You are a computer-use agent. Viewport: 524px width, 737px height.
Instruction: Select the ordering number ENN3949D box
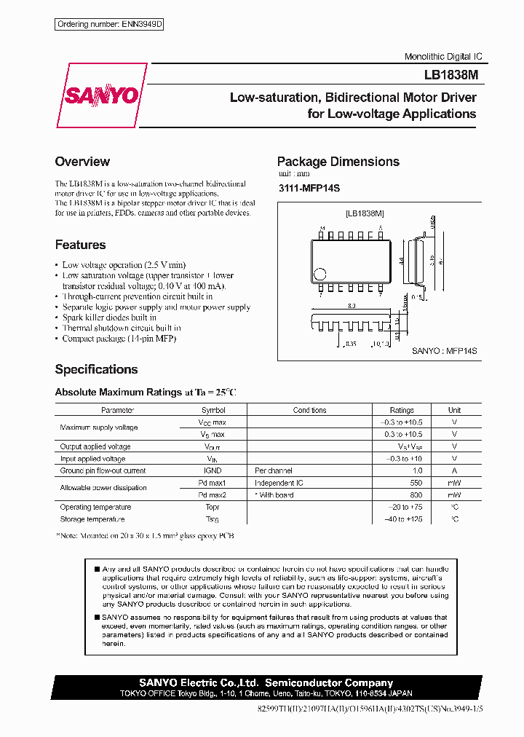(109, 25)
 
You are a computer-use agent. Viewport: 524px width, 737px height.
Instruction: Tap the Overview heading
(82, 162)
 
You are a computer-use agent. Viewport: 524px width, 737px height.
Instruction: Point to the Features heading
(80, 245)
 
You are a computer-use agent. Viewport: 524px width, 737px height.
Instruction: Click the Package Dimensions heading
(338, 162)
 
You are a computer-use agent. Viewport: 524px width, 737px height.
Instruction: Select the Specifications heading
(96, 369)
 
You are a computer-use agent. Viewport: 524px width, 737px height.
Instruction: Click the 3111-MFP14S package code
(309, 189)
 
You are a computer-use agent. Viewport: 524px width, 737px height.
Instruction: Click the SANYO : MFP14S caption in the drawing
(444, 351)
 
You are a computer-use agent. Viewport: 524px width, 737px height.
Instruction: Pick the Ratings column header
(402, 410)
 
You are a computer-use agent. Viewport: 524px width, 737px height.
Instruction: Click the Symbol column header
(213, 410)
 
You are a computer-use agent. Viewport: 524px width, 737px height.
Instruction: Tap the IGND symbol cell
(213, 470)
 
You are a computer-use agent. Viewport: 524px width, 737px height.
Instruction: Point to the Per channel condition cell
(274, 470)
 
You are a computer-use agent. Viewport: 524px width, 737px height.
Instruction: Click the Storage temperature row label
(92, 519)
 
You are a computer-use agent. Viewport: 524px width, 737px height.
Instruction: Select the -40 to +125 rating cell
(402, 519)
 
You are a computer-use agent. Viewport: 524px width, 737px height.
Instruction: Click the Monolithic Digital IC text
(443, 57)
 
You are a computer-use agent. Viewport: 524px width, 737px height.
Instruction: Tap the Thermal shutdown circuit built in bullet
(122, 328)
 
